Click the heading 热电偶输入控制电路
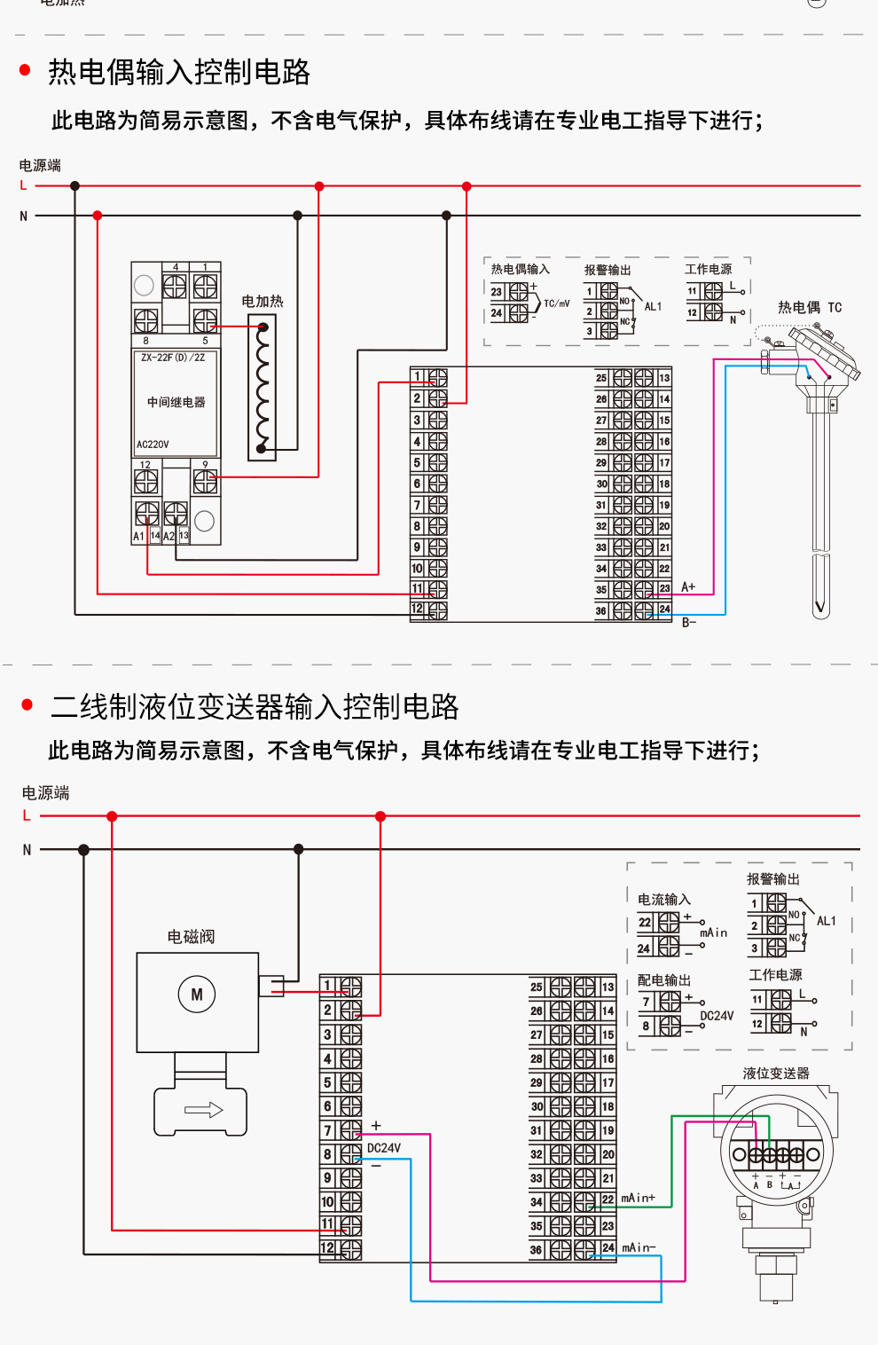coord(179,72)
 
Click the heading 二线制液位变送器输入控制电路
coord(255,706)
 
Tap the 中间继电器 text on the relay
coord(176,402)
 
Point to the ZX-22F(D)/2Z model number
coord(173,358)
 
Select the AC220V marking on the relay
coord(153,444)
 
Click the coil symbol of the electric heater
coord(263,388)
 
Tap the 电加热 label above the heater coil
coord(263,301)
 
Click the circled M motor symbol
coord(197,995)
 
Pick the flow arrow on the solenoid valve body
coord(203,1110)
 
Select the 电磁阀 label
coord(191,936)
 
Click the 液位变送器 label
coord(776,1073)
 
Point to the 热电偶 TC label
coord(809,307)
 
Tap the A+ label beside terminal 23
coord(688,586)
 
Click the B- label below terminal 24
coord(689,622)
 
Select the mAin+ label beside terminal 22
coord(638,1198)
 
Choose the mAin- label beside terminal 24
coord(639,1247)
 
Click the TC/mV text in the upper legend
coord(557,303)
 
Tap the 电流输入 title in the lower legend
coord(663,899)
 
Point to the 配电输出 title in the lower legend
coord(663,979)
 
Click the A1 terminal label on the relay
coord(138,536)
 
